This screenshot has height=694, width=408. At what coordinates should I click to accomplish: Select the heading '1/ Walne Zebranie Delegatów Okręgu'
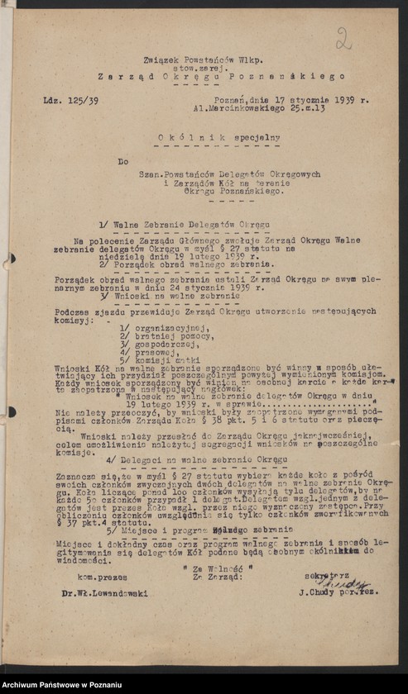(184, 225)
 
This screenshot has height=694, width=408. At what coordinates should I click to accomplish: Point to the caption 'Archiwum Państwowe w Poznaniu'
(62, 685)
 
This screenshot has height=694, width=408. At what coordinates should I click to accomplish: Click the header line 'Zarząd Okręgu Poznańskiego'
(209, 76)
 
